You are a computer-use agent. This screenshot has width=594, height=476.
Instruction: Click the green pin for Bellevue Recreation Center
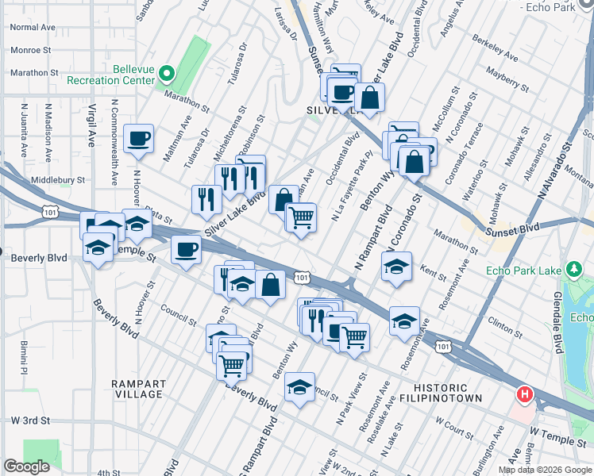167,74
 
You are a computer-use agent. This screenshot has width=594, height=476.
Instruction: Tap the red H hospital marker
524,393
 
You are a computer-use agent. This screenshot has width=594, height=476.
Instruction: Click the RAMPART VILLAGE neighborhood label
137,389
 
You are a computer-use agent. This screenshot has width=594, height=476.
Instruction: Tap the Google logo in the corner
26,466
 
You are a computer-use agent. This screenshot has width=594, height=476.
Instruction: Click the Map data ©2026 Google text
544,470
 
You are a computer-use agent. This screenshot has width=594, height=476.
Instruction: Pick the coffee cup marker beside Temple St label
186,250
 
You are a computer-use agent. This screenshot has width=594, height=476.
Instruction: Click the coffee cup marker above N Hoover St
139,138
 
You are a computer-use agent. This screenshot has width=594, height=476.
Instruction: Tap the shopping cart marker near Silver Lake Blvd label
301,217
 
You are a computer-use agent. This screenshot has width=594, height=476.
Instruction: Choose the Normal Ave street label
33,27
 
